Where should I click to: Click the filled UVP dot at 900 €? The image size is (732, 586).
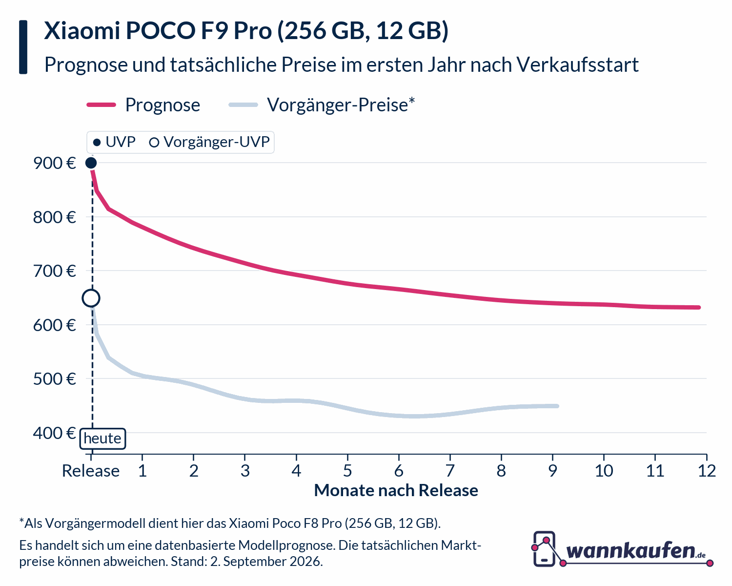pyautogui.click(x=91, y=163)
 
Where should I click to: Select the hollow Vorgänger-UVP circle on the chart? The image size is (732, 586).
pyautogui.click(x=91, y=298)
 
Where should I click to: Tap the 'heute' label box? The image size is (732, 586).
pyautogui.click(x=103, y=439)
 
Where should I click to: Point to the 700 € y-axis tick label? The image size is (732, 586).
pyautogui.click(x=55, y=272)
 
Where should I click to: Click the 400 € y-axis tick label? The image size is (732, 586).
pyautogui.click(x=55, y=433)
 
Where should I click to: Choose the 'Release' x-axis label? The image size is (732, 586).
pyautogui.click(x=91, y=471)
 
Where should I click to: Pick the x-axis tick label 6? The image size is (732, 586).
pyautogui.click(x=399, y=471)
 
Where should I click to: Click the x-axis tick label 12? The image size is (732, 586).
pyautogui.click(x=707, y=471)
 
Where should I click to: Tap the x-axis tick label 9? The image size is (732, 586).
pyautogui.click(x=553, y=471)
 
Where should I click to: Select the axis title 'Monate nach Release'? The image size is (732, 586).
pyautogui.click(x=396, y=490)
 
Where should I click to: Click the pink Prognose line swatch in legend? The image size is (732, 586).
pyautogui.click(x=102, y=105)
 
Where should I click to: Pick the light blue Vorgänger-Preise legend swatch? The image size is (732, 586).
pyautogui.click(x=243, y=105)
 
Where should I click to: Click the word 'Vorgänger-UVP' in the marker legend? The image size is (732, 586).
pyautogui.click(x=216, y=142)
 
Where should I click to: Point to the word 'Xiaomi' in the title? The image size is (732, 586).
pyautogui.click(x=82, y=31)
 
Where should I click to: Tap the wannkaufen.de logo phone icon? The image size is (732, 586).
pyautogui.click(x=544, y=549)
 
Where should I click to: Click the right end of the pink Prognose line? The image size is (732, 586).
pyautogui.click(x=699, y=308)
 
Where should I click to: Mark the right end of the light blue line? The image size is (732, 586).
pyautogui.click(x=557, y=406)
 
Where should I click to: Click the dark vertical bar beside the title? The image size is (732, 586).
pyautogui.click(x=23, y=47)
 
